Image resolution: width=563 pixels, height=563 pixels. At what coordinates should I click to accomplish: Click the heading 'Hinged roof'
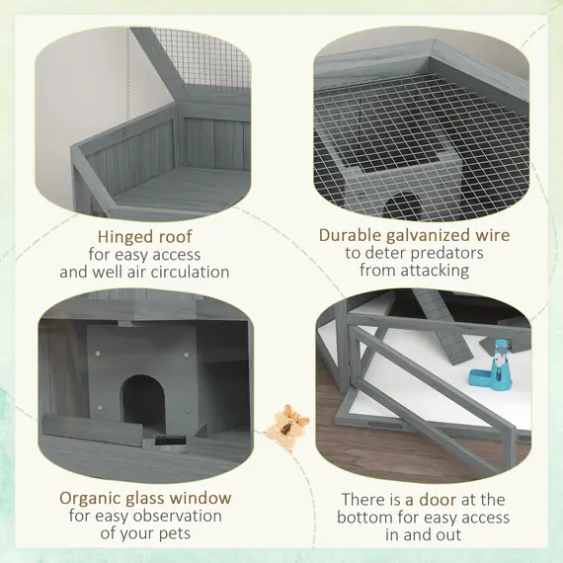(144, 236)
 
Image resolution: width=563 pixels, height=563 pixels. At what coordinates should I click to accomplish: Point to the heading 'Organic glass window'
(145, 498)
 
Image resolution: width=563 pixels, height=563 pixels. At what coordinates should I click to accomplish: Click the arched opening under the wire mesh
(403, 205)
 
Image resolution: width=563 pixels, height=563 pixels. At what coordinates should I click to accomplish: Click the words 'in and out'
(423, 534)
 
